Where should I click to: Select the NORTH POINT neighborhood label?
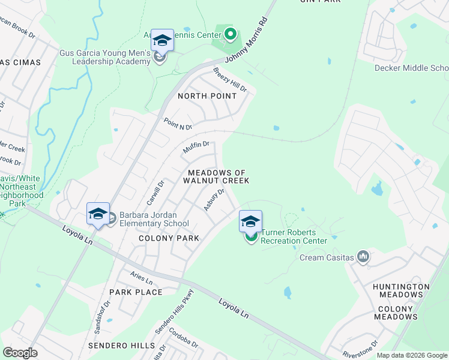point(207,96)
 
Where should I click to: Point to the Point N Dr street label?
point(178,124)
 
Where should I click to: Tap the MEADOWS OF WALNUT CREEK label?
point(216,176)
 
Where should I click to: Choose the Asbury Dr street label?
point(214,200)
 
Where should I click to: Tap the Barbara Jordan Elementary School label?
point(154,219)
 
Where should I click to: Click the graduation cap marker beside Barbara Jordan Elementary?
point(98,214)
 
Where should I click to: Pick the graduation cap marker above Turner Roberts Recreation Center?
point(251,221)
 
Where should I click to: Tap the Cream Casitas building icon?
point(363,257)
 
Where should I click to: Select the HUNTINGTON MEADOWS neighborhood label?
point(401,290)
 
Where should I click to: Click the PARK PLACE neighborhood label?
point(136,292)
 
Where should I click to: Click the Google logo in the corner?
point(20,353)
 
